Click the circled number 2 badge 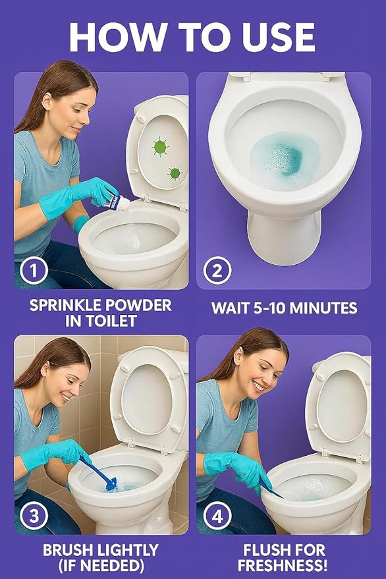click(217, 270)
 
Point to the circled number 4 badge click(217, 517)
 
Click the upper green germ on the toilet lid click(160, 146)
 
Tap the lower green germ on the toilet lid click(175, 173)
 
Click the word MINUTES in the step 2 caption click(322, 308)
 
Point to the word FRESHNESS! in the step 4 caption click(283, 565)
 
